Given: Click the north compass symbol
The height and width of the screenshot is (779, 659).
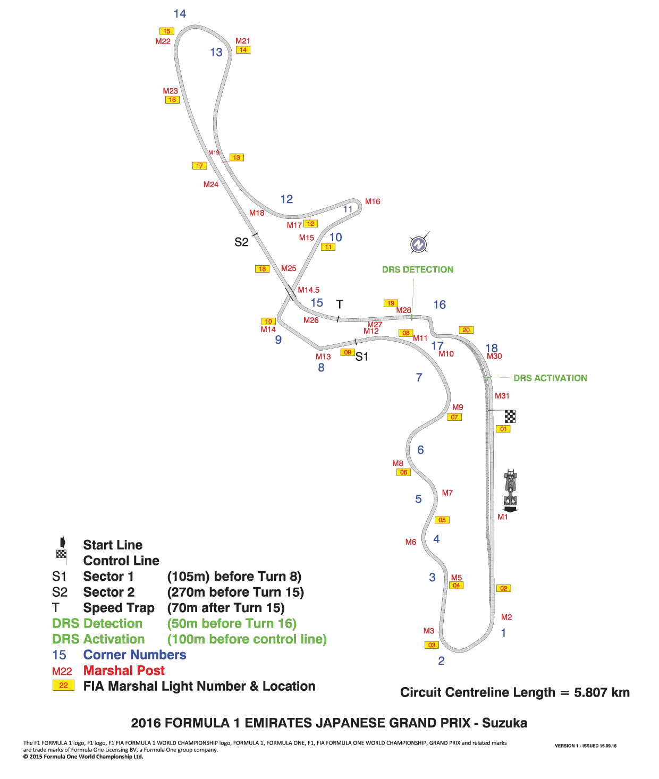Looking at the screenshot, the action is coord(418,243).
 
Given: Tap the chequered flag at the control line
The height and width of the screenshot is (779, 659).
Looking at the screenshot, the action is coord(510,416).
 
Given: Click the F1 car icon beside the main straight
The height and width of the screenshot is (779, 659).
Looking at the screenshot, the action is coord(511,490).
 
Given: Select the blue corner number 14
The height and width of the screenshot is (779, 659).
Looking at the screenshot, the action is coord(180,14).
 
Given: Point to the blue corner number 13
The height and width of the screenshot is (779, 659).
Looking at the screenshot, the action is coord(216,53).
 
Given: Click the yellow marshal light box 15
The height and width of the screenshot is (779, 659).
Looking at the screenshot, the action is coord(167,31).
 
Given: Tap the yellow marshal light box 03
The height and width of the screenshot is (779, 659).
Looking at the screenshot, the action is coord(432,645).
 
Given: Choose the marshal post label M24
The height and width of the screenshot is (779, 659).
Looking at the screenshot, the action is coord(211,184).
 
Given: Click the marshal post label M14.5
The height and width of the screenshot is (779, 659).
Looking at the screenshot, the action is coord(308,290).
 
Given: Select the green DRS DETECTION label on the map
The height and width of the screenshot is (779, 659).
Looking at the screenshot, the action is coord(418,269).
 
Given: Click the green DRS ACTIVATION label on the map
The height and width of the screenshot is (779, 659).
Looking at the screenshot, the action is coord(551,378).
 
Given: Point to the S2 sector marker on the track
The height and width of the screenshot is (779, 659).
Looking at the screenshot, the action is coord(241,242).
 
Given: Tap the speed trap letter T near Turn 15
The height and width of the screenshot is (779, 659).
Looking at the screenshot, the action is coord(339,304).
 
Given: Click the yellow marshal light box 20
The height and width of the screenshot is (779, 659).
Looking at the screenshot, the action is coord(466,330).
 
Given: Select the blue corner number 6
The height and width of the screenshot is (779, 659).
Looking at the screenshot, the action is coord(420,450).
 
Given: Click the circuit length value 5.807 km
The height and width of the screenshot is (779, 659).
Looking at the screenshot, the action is coord(602,692).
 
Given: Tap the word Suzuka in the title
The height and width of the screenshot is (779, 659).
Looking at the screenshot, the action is coord(504,723).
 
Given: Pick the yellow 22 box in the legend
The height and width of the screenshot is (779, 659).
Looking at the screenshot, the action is coord(63,685).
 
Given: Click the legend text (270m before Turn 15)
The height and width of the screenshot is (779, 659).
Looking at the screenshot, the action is coord(235,592).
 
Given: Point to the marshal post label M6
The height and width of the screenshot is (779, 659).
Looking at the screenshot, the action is coord(411,542).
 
